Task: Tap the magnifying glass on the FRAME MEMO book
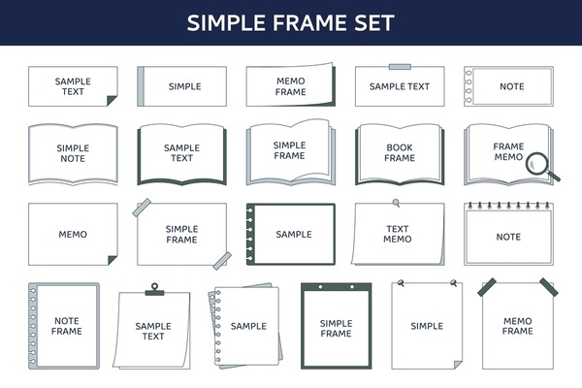pos(542,167)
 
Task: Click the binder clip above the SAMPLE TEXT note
pos(154,289)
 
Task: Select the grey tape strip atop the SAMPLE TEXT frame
pos(400,67)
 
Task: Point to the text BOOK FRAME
pos(400,152)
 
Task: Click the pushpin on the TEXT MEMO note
pos(397,203)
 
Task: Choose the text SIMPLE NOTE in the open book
pos(73,153)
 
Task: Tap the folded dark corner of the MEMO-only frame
pos(113,260)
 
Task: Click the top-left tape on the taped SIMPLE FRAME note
pos(142,208)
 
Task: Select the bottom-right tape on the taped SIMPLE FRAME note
pos(222,261)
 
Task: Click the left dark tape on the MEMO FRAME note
pos(487,287)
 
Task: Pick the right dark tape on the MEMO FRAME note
pos(549,287)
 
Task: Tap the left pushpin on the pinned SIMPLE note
pos(401,283)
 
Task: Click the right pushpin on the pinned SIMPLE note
pos(453,283)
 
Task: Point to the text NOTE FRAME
pos(66,326)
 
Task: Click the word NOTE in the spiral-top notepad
pos(508,237)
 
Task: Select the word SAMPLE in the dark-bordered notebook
pos(294,235)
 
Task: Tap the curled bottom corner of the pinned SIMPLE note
pos(458,365)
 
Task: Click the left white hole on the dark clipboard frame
pos(320,287)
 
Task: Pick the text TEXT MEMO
pos(397,234)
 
